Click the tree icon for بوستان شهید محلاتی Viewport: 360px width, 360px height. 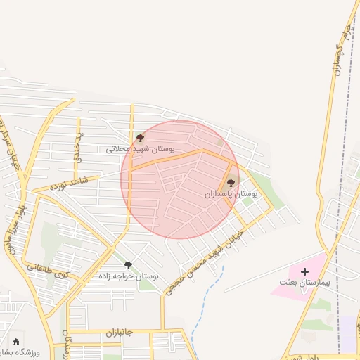pyautogui.click(x=140, y=139)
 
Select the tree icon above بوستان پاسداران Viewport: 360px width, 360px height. pyautogui.click(x=231, y=183)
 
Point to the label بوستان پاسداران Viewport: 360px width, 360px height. pyautogui.click(x=231, y=193)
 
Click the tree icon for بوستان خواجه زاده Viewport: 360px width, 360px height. pyautogui.click(x=128, y=265)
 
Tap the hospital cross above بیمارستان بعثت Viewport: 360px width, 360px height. pyautogui.click(x=304, y=271)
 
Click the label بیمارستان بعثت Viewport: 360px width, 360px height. pyautogui.click(x=304, y=283)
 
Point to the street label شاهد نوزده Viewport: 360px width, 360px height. pyautogui.click(x=67, y=185)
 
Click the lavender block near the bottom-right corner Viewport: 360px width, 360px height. pyautogui.click(x=347, y=334)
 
